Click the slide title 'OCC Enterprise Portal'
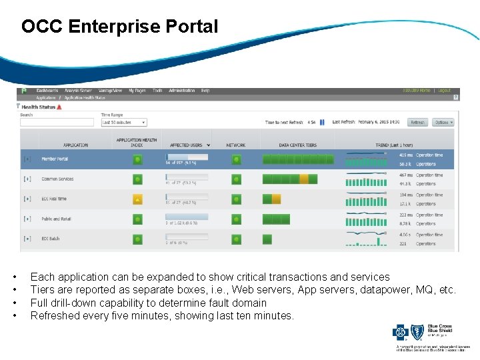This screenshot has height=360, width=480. point(119,27)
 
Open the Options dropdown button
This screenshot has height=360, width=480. point(443,123)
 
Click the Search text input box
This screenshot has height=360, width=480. point(57,123)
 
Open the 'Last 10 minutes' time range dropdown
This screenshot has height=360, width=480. point(124,123)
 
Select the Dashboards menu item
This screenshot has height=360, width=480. point(47,91)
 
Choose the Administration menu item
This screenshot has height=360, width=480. point(182,91)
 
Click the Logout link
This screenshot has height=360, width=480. point(445,91)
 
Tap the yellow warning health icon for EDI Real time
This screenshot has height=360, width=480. point(137,199)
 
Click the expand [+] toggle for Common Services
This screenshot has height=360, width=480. point(27,179)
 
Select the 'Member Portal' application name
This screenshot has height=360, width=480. point(55,159)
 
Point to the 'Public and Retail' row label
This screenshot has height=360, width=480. point(56,219)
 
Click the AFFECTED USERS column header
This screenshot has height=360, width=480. point(186,145)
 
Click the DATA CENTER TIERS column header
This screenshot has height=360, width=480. point(297,145)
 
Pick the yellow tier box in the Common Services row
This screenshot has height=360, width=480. point(304,179)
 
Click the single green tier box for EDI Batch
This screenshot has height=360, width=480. point(267,239)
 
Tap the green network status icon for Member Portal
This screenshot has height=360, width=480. point(236,160)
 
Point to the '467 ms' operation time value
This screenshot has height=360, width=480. point(406,175)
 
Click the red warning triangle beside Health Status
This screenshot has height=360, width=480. point(59,107)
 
